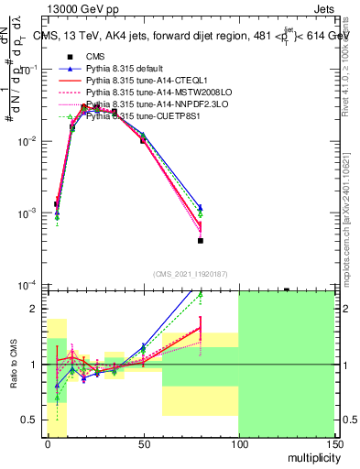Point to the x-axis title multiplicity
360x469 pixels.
(x=309, y=456)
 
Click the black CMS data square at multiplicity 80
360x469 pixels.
(x=200, y=241)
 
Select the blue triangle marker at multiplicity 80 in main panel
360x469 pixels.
(x=200, y=208)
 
